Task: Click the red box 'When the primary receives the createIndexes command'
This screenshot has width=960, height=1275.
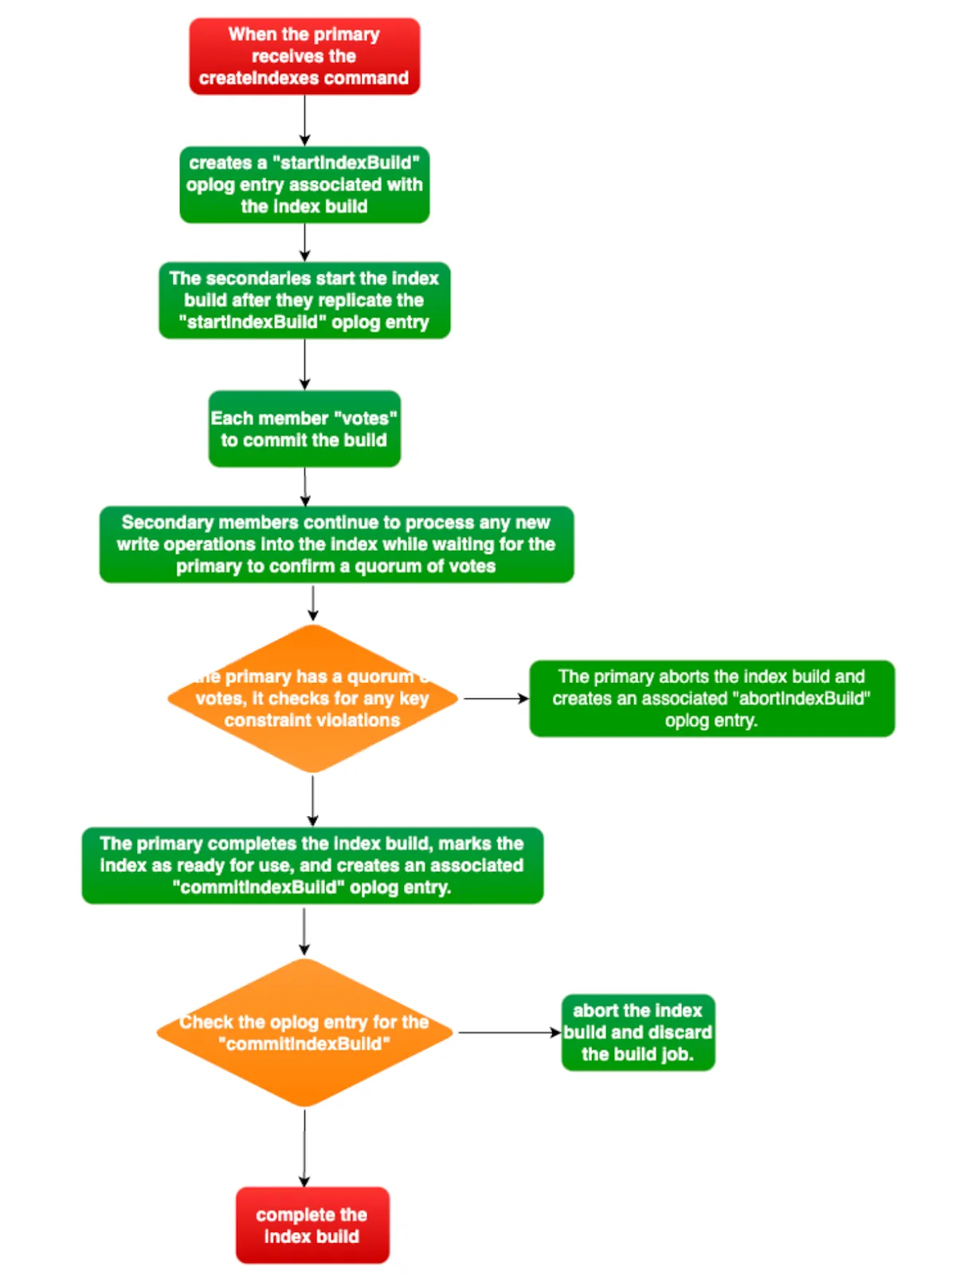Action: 304,56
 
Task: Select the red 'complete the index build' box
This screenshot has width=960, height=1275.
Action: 312,1225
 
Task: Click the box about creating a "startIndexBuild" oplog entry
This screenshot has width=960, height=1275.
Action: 304,184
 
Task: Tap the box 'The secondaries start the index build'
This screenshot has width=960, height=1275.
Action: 304,300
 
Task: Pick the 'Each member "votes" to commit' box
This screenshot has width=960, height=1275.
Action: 304,429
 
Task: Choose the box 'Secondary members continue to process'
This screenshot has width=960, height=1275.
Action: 336,544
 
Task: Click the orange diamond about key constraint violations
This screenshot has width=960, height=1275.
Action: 313,699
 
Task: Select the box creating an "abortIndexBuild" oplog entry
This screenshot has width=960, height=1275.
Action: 711,699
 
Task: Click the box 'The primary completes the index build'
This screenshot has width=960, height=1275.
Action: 312,865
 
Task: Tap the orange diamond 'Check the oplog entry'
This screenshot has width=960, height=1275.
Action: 304,1033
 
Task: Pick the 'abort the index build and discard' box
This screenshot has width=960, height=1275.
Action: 638,1033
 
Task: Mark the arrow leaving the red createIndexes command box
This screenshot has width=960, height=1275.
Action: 304,120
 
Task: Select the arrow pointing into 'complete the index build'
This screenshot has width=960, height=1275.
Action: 304,1147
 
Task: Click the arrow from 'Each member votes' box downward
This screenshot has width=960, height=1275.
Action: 305,487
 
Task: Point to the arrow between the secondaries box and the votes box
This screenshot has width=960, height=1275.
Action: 304,364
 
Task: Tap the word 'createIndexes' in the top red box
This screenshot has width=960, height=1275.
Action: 251,78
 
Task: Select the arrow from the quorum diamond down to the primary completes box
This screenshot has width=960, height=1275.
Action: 313,800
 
